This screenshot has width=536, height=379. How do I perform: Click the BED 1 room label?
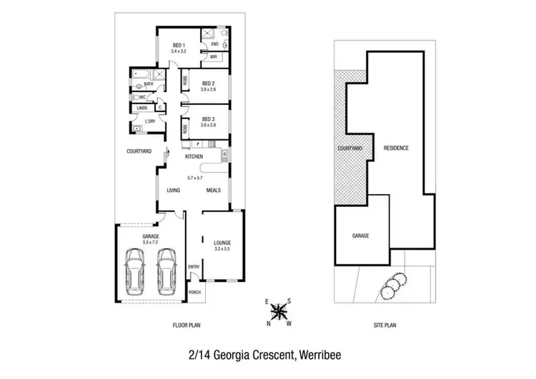179,46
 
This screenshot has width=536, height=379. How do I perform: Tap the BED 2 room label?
208,83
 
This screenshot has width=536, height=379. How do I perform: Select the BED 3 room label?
208,118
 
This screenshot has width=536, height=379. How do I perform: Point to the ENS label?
214,44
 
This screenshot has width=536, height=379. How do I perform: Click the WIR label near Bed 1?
213,57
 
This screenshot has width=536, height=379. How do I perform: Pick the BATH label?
148,84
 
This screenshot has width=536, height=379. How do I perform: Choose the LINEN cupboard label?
142,108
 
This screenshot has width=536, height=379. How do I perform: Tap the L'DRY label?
150,121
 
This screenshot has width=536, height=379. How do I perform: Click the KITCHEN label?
194,156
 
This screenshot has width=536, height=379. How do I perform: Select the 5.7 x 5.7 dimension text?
194,177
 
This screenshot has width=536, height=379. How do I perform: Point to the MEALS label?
213,191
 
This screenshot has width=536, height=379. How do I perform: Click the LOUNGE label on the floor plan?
222,243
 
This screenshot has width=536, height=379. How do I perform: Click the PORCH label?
194,293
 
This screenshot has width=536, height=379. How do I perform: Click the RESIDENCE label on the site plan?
396,148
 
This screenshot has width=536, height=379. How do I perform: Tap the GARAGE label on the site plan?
360,235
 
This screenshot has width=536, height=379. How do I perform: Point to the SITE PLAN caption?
384,325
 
